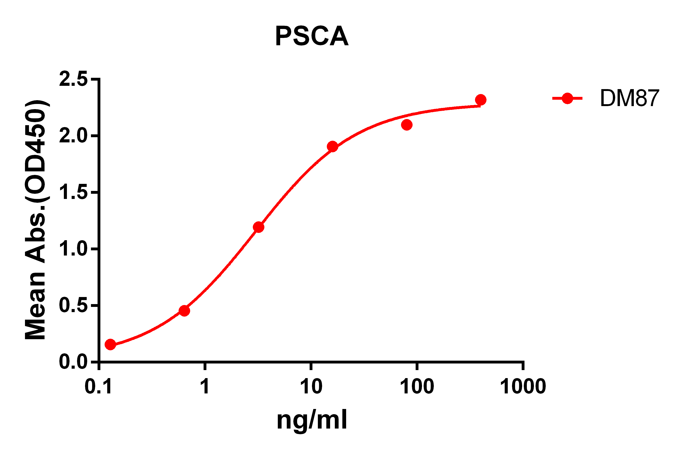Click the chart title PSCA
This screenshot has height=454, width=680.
tap(312, 36)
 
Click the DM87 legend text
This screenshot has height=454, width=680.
tap(629, 99)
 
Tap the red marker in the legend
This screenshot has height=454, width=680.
tap(567, 99)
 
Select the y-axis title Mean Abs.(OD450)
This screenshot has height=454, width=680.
tap(35, 220)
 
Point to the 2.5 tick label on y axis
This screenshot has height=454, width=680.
tap(73, 79)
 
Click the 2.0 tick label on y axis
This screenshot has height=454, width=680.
tap(73, 136)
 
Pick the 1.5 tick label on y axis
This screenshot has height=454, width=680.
tap(73, 192)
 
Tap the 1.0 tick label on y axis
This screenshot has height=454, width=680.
tap(73, 249)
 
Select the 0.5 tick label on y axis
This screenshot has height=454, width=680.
tap(73, 305)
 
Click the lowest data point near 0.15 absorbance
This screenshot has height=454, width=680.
tap(110, 345)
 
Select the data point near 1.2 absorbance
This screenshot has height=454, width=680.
tap(258, 227)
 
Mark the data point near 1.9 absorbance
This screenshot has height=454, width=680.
tap(332, 147)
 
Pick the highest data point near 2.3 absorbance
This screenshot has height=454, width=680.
tap(481, 100)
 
